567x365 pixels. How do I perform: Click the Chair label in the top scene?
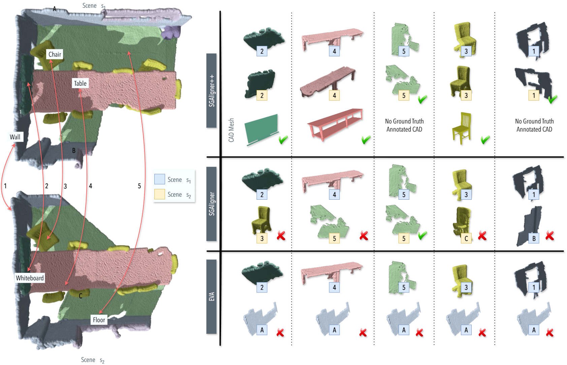55,54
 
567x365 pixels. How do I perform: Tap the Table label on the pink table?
80,83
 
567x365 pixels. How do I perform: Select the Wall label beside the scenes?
15,137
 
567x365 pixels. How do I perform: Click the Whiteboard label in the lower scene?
30,278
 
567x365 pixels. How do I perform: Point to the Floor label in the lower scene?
99,320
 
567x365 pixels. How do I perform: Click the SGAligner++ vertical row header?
212,90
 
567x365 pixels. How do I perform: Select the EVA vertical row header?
212,297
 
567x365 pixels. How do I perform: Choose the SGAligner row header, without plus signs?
212,204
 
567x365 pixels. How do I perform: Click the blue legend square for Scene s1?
159,179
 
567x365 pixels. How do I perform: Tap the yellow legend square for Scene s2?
159,194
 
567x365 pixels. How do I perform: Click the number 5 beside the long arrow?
139,186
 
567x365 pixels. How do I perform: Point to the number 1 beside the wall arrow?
5,186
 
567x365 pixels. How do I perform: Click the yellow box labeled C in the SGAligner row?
466,238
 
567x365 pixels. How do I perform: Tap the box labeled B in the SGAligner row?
534,238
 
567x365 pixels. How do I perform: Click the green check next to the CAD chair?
485,140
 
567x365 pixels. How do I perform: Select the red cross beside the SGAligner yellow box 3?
281,236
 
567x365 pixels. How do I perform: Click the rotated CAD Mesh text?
231,130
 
